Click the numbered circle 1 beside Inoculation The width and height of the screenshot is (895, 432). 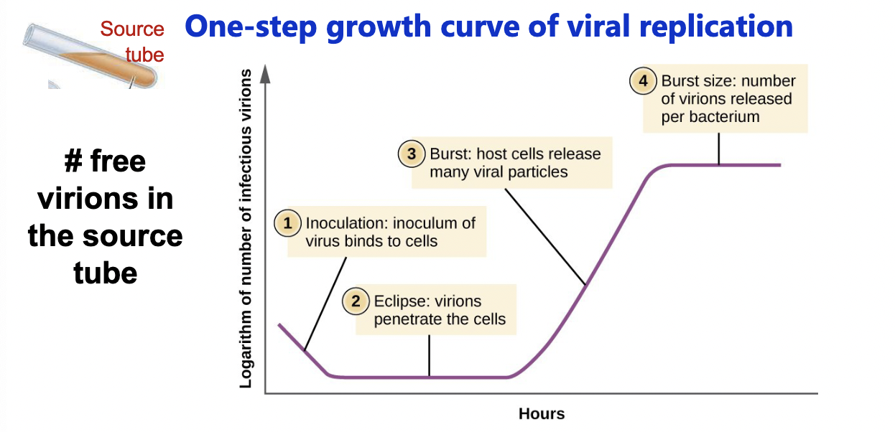click(288, 223)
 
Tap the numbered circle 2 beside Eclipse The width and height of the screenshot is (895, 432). click(356, 301)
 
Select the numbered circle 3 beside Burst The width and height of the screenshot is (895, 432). click(412, 154)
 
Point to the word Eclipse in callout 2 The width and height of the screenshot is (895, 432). click(397, 301)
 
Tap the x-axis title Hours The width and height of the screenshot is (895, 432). click(542, 414)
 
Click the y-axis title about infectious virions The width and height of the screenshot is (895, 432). click(246, 230)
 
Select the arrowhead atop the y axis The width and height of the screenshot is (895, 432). click(265, 71)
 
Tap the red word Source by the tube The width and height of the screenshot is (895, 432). click(132, 29)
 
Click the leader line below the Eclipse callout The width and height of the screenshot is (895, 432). click(429, 355)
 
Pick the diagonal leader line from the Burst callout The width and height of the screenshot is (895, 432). click(545, 238)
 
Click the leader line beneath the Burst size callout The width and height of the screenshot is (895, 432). click(719, 149)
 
